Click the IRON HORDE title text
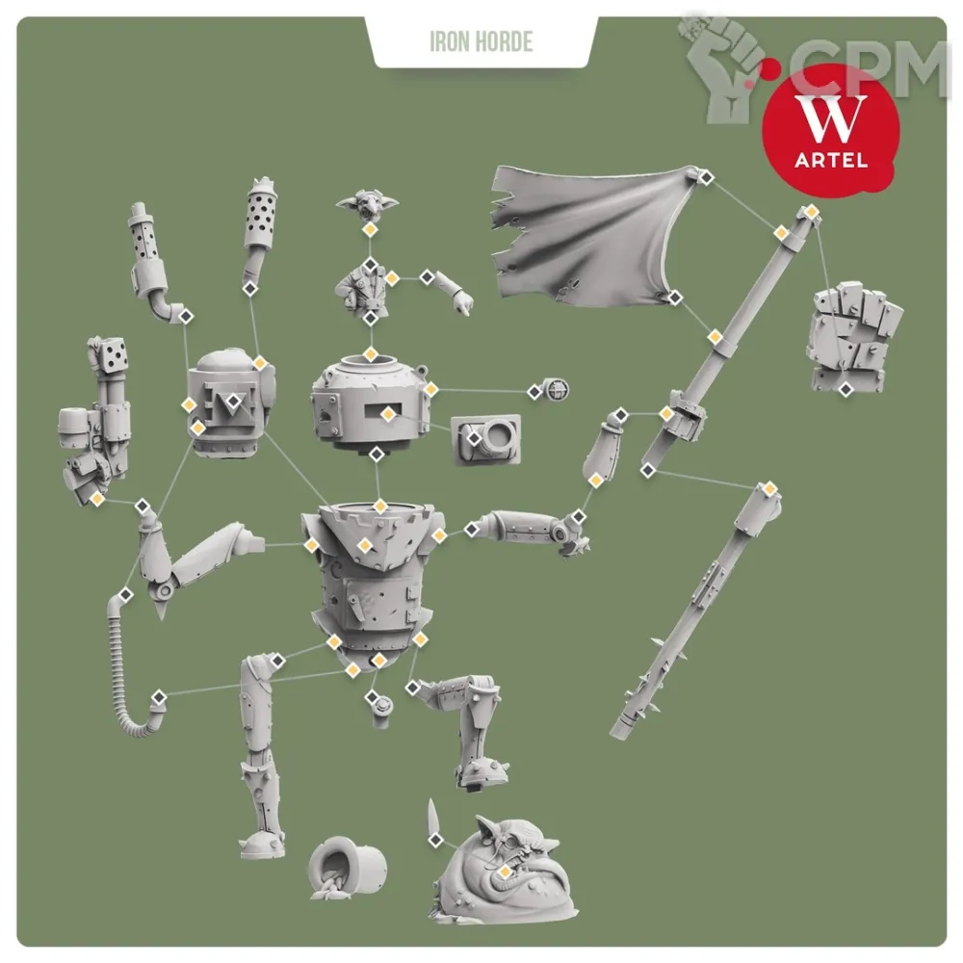(x=481, y=41)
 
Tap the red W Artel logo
(x=831, y=131)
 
